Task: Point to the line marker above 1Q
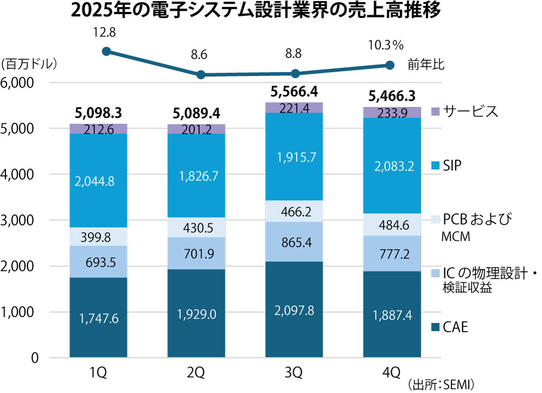pos(106,52)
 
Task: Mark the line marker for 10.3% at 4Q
pos(389,65)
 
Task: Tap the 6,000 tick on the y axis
pos(18,83)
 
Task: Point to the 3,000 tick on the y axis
pos(18,221)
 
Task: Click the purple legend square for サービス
pos(434,111)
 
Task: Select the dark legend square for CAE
pos(434,327)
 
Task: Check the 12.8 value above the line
pos(104,32)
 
